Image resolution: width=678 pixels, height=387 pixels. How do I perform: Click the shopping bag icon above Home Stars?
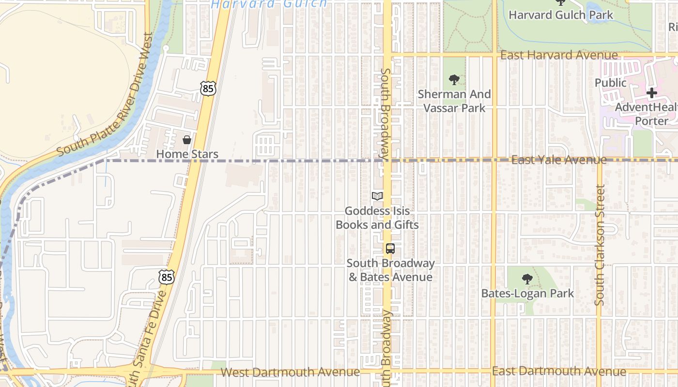pyautogui.click(x=187, y=140)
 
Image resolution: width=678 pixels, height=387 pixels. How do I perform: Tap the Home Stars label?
pyautogui.click(x=187, y=154)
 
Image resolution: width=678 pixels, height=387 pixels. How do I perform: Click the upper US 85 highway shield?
pyautogui.click(x=208, y=88)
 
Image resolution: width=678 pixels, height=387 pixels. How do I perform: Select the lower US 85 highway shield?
pyautogui.click(x=166, y=277)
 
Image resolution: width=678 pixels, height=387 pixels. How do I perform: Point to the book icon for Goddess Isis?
pyautogui.click(x=377, y=196)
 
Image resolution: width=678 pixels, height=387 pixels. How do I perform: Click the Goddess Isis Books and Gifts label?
pyautogui.click(x=377, y=218)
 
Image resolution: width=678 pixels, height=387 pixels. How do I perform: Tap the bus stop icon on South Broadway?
pyautogui.click(x=390, y=249)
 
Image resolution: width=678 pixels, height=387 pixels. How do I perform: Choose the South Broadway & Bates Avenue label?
pyautogui.click(x=390, y=270)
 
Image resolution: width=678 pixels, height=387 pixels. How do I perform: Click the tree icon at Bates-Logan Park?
pyautogui.click(x=527, y=279)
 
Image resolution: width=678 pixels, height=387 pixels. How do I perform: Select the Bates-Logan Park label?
pyautogui.click(x=527, y=293)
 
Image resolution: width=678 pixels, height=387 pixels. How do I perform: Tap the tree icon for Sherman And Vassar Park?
pyautogui.click(x=454, y=80)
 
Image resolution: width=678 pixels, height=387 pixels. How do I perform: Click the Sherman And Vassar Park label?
pyautogui.click(x=454, y=101)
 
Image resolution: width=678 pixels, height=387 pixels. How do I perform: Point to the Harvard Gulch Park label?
pyautogui.click(x=561, y=15)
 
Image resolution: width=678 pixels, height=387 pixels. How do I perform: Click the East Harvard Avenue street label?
pyautogui.click(x=559, y=56)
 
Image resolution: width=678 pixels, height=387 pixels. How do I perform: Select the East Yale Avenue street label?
pyautogui.click(x=559, y=160)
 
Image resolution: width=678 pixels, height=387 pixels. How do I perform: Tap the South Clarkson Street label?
pyautogui.click(x=600, y=246)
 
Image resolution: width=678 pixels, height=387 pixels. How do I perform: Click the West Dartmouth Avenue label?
pyautogui.click(x=290, y=372)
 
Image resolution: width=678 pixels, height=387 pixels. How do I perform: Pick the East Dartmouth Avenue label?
pyautogui.click(x=559, y=371)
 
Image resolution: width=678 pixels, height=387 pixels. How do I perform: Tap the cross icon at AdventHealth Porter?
pyautogui.click(x=652, y=93)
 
